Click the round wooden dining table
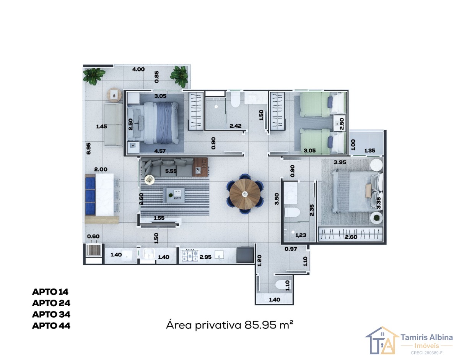pos(245,194)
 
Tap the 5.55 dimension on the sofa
pos(171,171)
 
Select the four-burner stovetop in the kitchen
pos(190,256)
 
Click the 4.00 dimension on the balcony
pos(138,69)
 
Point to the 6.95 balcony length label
pos(88,149)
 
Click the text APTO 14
pos(50,292)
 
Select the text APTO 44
pos(51,326)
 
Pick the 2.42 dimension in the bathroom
pos(235,126)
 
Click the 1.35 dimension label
pos(369,151)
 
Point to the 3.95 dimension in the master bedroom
pos(340,162)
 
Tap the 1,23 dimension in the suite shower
pos(301,235)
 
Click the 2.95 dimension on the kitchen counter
pos(205,257)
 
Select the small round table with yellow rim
pos(150,180)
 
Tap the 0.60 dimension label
pos(93,236)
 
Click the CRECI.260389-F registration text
pos(426,353)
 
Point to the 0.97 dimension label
pos(291,249)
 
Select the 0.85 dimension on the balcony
pos(156,77)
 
